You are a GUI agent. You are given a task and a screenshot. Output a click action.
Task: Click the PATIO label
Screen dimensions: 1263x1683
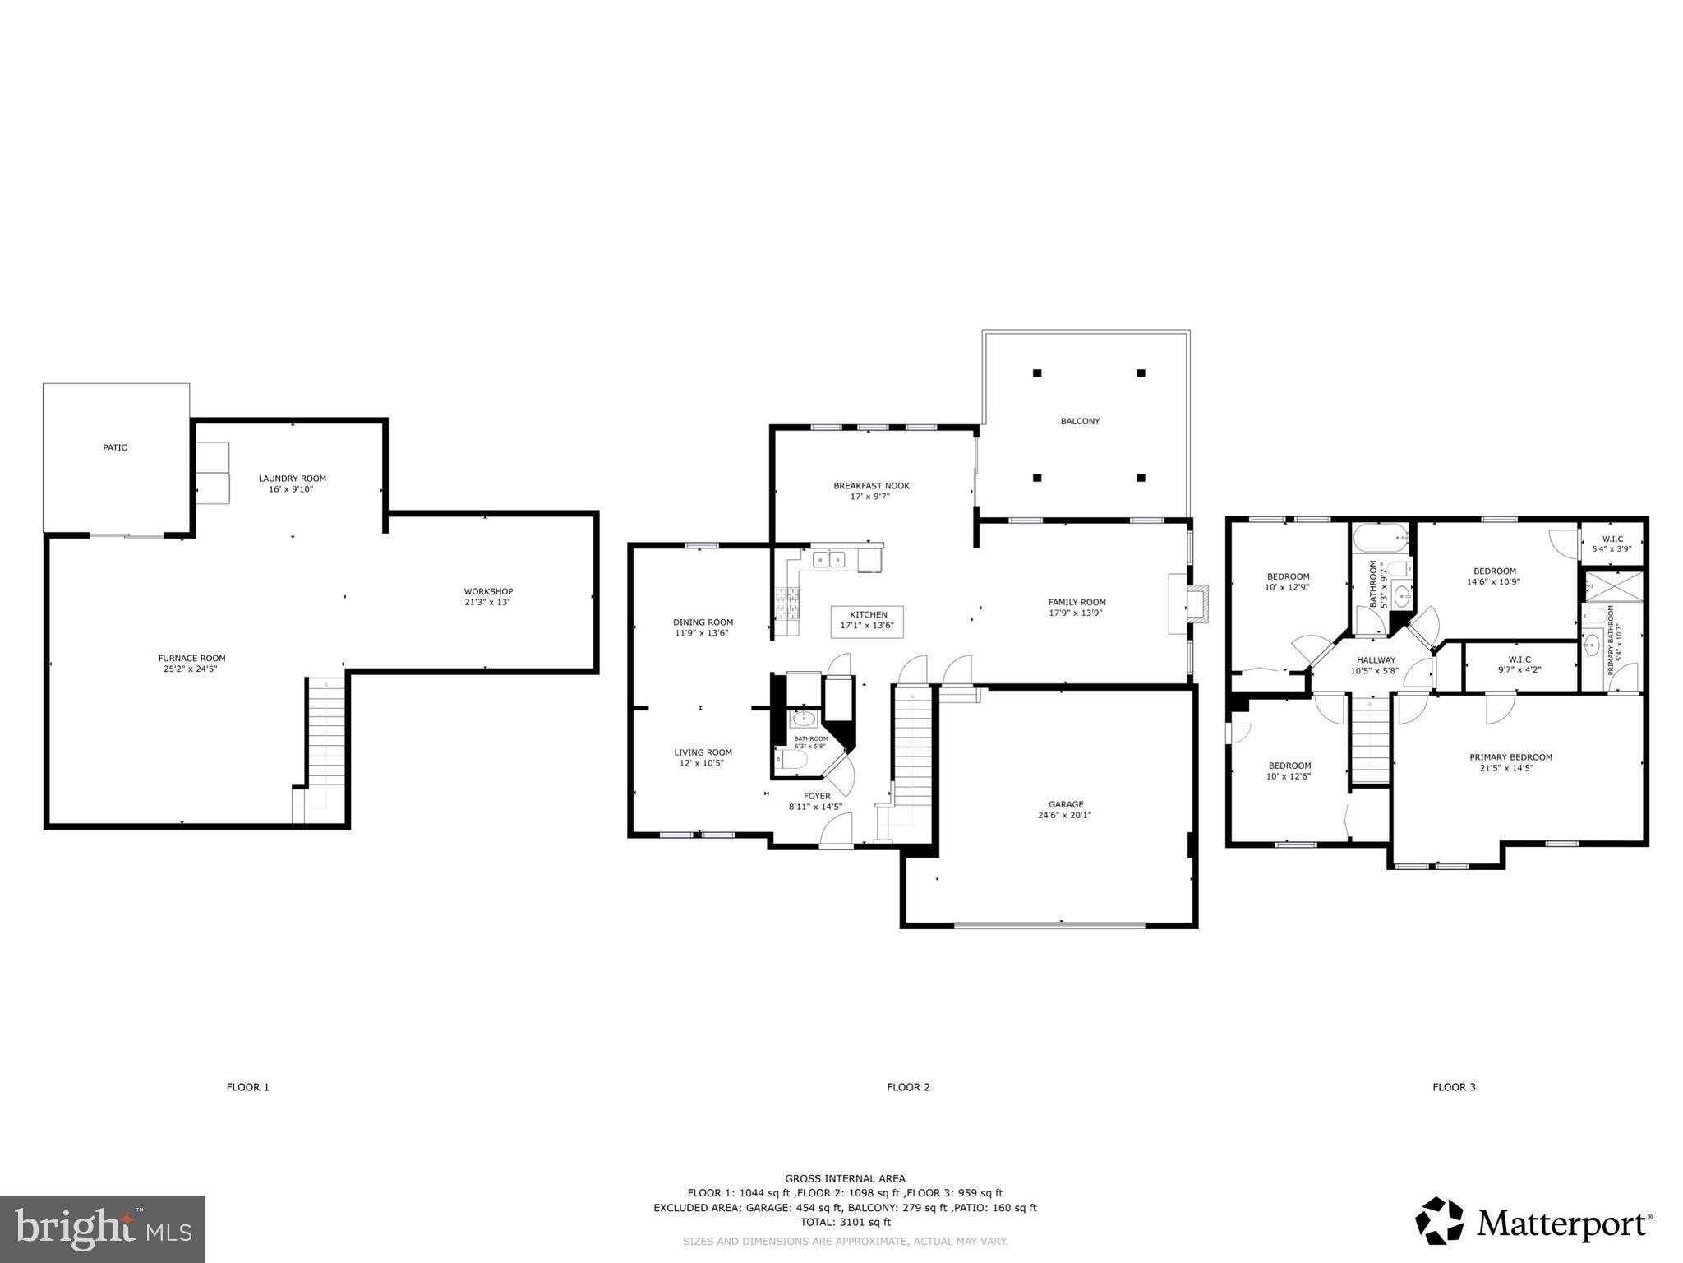(x=115, y=448)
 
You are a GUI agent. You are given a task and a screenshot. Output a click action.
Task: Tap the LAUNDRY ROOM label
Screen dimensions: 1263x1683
(x=292, y=479)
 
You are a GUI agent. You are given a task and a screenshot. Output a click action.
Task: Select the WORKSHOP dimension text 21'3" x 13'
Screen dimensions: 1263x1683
(x=488, y=602)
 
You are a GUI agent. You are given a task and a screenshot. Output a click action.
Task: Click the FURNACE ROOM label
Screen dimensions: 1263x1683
(x=191, y=658)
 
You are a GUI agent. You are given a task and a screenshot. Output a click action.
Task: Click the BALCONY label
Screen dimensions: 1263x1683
(x=1079, y=421)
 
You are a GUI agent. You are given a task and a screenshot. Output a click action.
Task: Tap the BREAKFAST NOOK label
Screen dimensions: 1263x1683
(x=871, y=486)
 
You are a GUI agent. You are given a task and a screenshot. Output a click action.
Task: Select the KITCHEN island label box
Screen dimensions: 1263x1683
(x=868, y=621)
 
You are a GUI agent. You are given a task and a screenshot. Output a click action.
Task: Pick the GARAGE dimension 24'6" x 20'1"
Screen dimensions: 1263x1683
(x=1064, y=816)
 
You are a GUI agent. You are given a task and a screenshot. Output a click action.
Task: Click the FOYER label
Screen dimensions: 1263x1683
(x=816, y=796)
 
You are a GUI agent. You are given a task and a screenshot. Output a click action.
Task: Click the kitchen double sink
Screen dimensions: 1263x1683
(x=828, y=560)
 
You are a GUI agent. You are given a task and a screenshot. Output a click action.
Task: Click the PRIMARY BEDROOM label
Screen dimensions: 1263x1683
(x=1510, y=757)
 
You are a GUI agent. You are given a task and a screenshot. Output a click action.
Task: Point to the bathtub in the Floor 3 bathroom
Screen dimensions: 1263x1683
(x=1380, y=539)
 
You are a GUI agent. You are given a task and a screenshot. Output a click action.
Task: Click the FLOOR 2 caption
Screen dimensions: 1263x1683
(x=908, y=1087)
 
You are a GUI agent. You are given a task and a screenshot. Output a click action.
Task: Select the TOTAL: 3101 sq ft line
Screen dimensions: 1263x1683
(x=845, y=1223)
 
